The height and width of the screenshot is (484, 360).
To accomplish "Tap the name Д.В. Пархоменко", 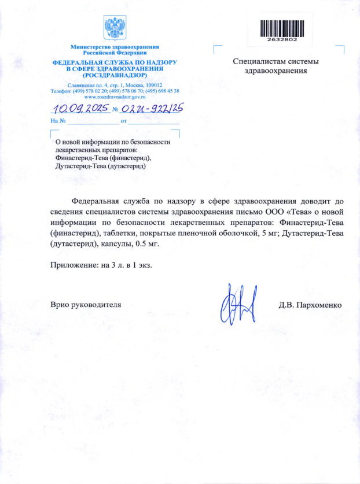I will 311,305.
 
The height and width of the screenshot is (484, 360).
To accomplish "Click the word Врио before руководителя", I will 62,305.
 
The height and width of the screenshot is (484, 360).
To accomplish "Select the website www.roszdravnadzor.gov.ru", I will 115,97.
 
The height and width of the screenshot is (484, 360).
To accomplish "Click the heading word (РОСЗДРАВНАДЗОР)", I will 115,75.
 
